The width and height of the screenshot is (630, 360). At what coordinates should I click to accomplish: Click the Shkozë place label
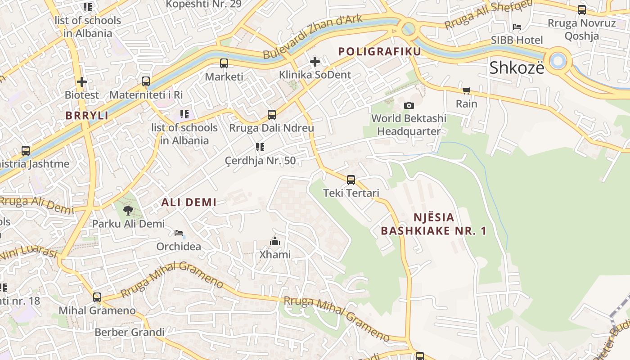(x=517, y=67)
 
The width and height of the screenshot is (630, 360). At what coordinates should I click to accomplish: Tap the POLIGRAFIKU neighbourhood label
(x=380, y=51)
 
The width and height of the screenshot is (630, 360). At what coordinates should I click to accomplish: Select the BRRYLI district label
(x=87, y=116)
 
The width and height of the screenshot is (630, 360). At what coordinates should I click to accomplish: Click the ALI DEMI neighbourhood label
(x=189, y=202)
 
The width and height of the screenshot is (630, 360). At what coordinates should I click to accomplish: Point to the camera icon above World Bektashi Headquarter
(x=409, y=105)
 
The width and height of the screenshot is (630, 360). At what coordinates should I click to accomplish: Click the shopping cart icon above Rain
(x=467, y=91)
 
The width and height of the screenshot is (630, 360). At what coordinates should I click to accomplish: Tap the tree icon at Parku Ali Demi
(x=128, y=210)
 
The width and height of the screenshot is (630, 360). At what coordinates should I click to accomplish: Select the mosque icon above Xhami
(x=275, y=242)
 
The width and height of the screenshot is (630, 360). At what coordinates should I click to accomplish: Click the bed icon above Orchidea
(x=179, y=233)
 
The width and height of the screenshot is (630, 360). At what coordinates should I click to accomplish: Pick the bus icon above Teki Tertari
(x=351, y=180)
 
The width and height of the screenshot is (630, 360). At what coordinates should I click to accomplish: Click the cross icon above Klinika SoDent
(x=315, y=61)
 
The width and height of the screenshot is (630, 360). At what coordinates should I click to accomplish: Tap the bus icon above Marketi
(x=224, y=63)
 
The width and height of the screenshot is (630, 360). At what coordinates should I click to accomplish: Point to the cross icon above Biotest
(x=82, y=82)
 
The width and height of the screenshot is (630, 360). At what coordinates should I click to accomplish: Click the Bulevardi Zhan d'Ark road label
(x=307, y=37)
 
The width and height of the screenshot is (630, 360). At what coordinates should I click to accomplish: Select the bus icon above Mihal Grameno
(x=97, y=297)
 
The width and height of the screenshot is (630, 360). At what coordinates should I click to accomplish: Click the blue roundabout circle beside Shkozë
(x=558, y=60)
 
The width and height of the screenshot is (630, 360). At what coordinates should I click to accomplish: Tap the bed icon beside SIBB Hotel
(x=517, y=27)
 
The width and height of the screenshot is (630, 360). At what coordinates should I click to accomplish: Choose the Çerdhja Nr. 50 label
(x=261, y=161)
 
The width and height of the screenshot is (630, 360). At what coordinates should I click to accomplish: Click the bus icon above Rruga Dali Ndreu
(x=272, y=115)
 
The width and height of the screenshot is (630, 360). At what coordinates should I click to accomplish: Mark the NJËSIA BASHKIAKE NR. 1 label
(x=434, y=224)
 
